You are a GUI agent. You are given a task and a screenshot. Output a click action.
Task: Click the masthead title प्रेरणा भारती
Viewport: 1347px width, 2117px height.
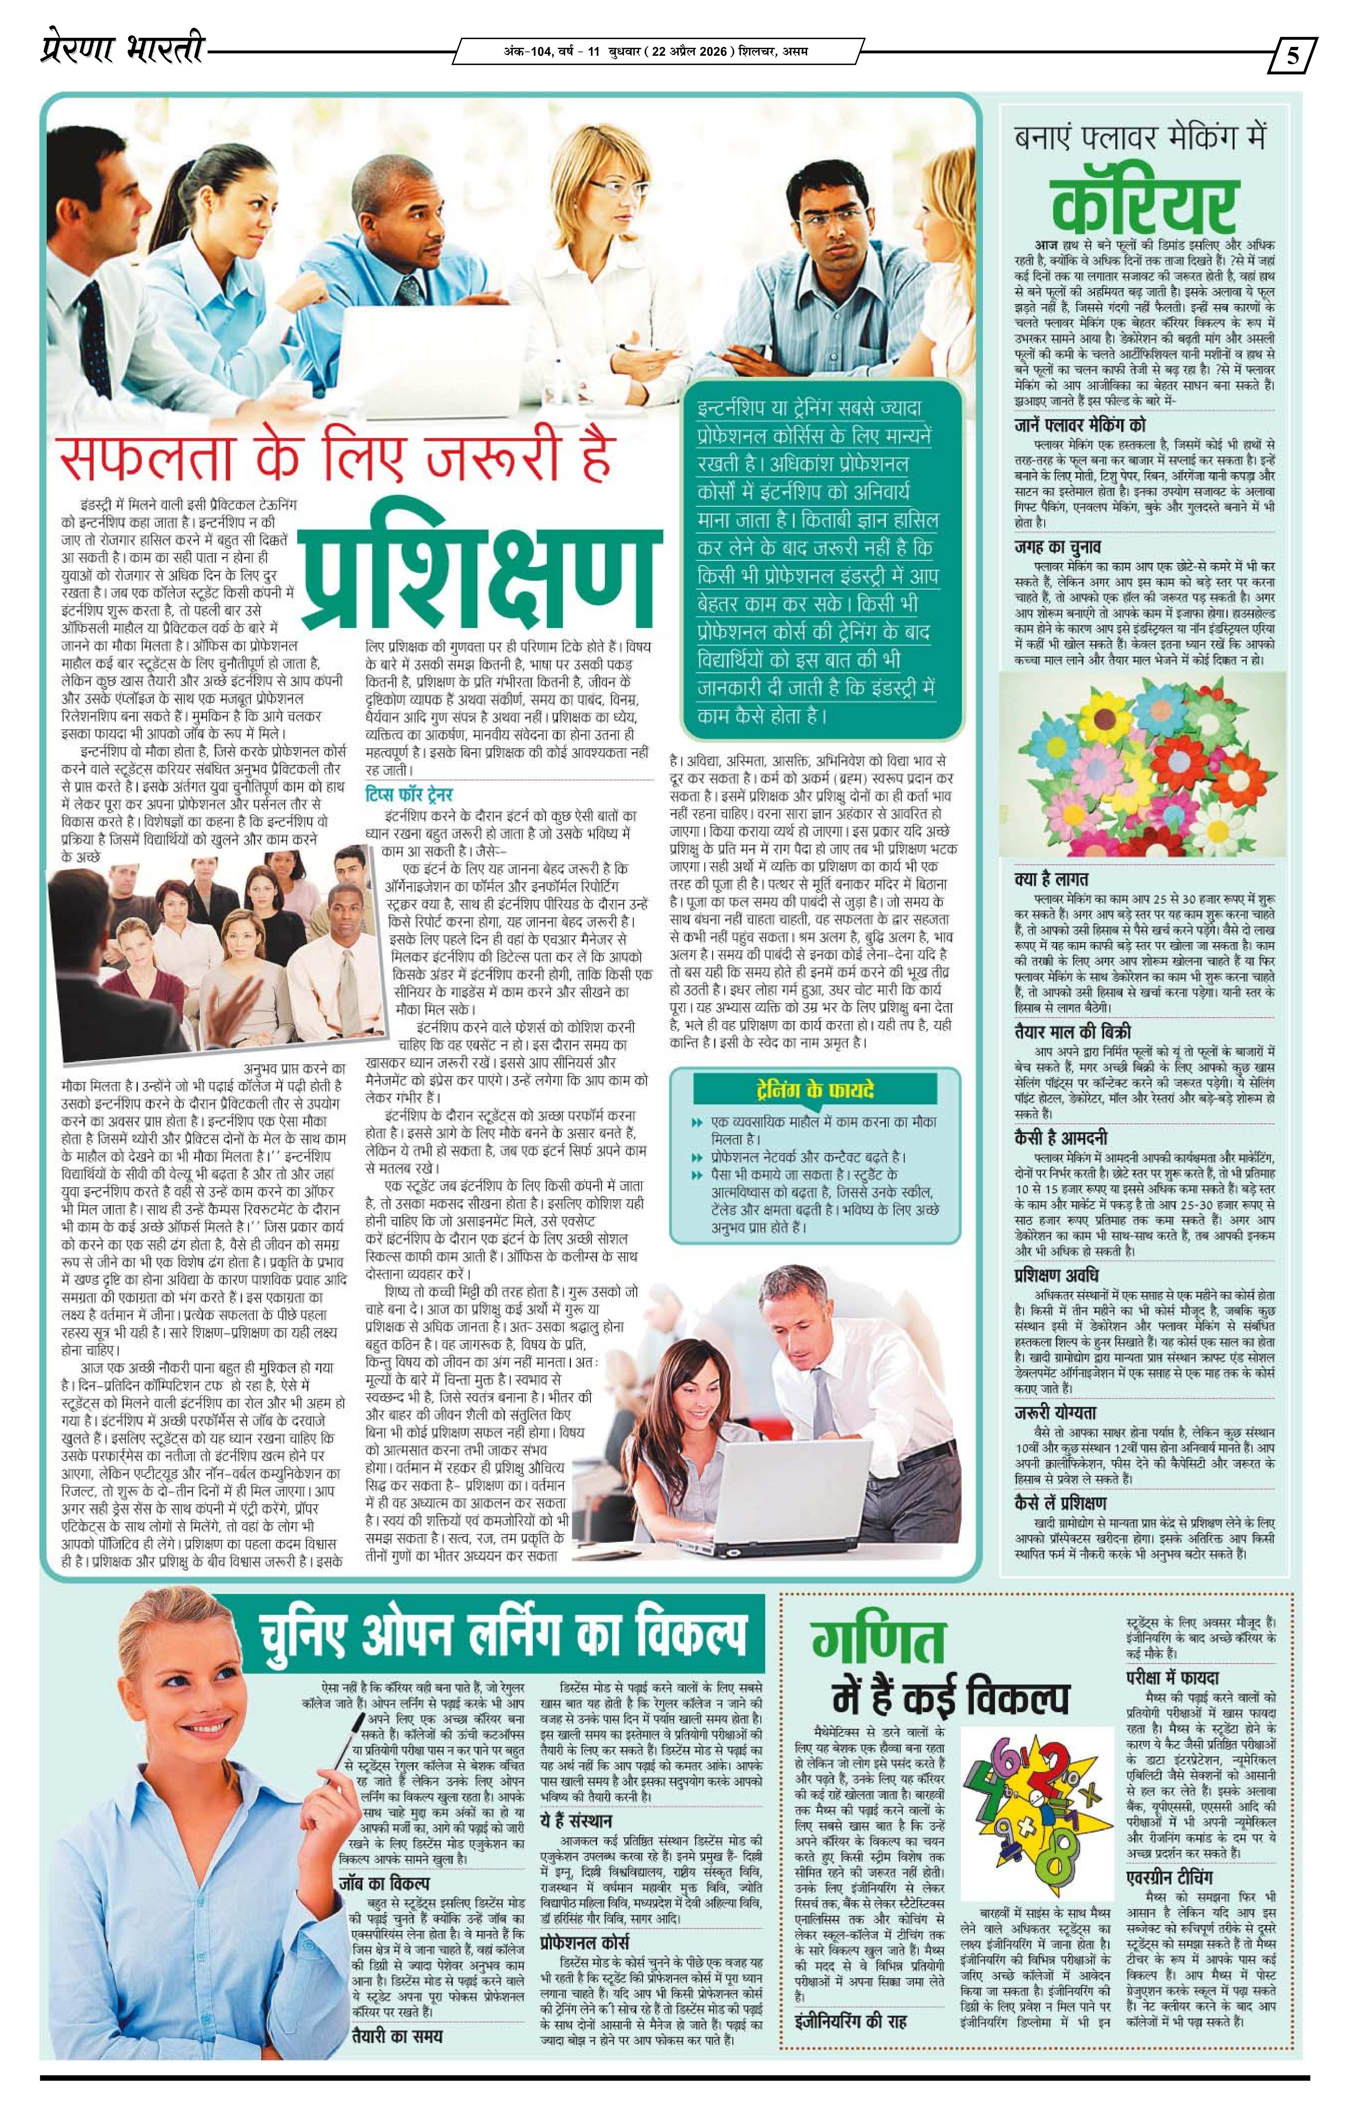[121, 51]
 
